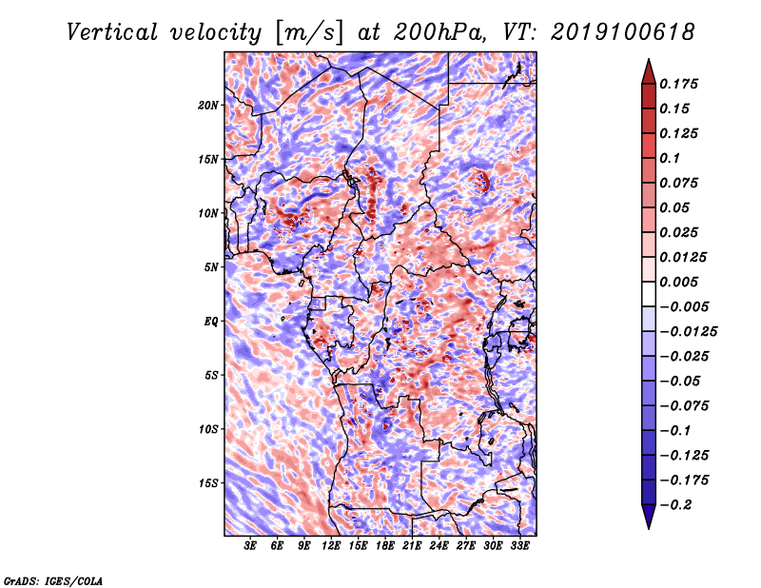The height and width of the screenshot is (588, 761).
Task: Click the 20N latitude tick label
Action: coord(208,106)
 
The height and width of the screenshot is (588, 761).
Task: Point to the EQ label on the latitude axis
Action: coord(211,322)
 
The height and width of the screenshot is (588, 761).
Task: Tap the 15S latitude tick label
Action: coord(208,483)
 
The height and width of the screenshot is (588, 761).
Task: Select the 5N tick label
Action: coord(211,267)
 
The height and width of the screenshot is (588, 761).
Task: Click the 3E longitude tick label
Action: coord(250,546)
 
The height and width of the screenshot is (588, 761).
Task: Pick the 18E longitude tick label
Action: coord(384,546)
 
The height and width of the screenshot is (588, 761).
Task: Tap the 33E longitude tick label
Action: coord(519,546)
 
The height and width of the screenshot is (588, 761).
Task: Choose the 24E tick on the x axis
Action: coord(439,546)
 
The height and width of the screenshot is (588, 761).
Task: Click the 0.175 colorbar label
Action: coord(678,84)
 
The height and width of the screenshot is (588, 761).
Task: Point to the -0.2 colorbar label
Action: coord(675,505)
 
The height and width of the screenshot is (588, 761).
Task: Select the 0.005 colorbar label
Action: coord(678,282)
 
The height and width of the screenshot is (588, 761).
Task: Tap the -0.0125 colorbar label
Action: coord(688,332)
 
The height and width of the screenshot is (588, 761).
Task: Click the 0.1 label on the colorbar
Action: coord(670,158)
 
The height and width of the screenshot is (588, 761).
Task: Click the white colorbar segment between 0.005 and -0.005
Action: coord(649,294)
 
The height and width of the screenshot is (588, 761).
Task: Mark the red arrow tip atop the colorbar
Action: coord(649,59)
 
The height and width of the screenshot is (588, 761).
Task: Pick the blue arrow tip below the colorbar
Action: coord(649,528)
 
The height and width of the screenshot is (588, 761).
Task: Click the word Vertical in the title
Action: coord(112,32)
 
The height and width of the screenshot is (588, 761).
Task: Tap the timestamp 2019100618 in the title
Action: coord(623,32)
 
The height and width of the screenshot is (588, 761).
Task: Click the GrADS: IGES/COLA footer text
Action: coord(53,581)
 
